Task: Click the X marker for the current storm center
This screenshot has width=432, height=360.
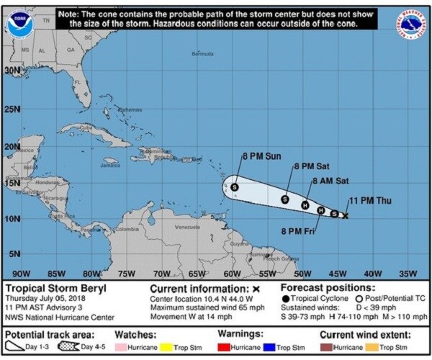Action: tap(345, 215)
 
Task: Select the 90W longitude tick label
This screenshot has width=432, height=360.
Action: tap(22, 274)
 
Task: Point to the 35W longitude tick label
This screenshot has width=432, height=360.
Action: tap(408, 274)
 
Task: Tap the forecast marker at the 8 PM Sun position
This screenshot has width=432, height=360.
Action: tap(235, 187)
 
